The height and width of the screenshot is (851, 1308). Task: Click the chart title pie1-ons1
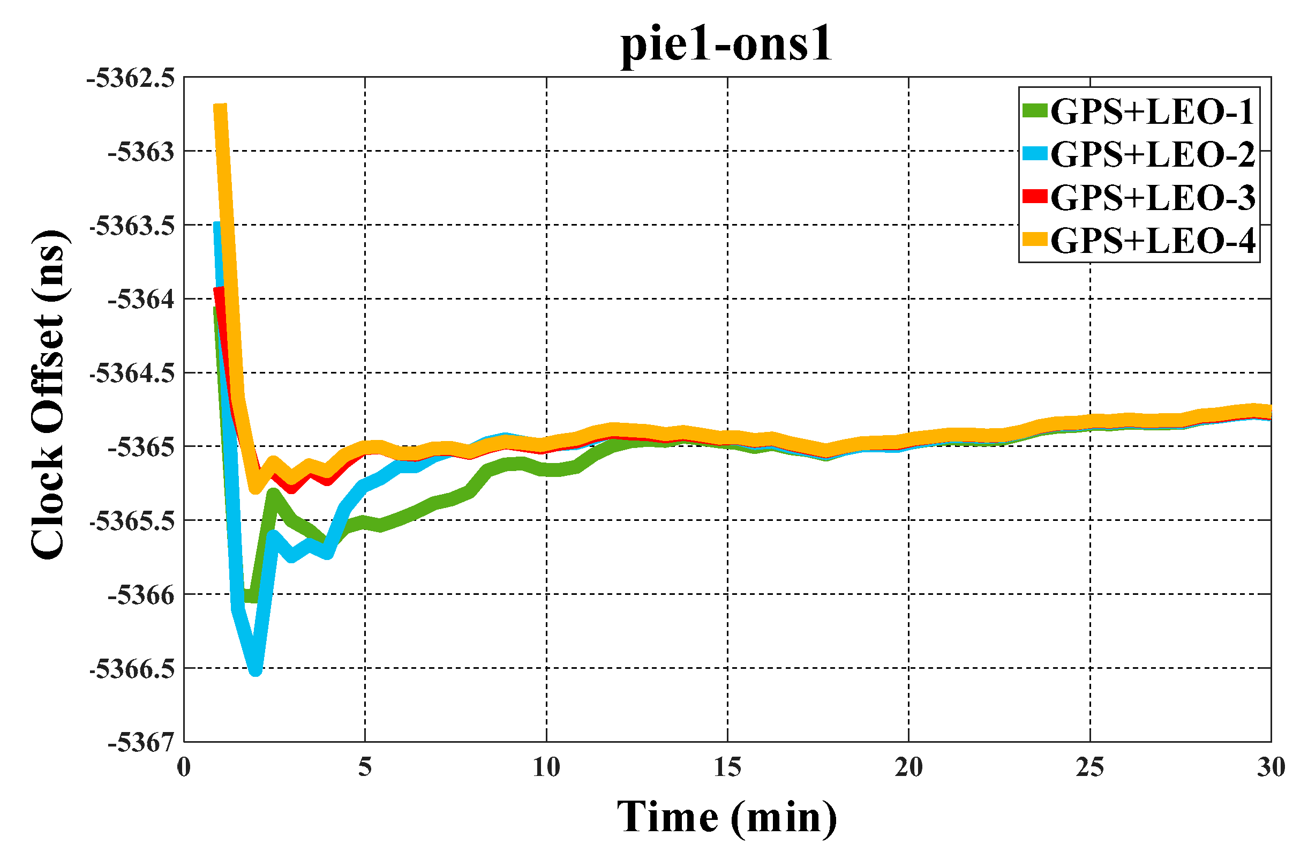pyautogui.click(x=726, y=45)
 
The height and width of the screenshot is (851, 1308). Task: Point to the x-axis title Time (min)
pyautogui.click(x=726, y=817)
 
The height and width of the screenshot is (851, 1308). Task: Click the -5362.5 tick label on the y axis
pyautogui.click(x=131, y=78)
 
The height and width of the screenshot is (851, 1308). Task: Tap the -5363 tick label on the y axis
pyautogui.click(x=141, y=152)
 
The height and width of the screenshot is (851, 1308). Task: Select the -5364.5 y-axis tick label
pyautogui.click(x=132, y=374)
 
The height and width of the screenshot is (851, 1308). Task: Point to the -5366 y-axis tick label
pyautogui.click(x=141, y=595)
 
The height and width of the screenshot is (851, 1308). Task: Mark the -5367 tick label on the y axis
pyautogui.click(x=141, y=743)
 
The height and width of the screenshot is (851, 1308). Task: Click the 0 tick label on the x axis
pyautogui.click(x=184, y=767)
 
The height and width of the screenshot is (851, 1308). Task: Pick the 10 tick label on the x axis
pyautogui.click(x=546, y=767)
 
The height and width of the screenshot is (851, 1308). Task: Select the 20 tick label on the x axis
pyautogui.click(x=908, y=767)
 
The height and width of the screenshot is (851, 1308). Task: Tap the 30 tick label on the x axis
pyautogui.click(x=1271, y=767)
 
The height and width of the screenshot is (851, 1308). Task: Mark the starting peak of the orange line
pyautogui.click(x=220, y=107)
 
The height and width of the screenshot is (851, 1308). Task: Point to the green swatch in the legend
pyautogui.click(x=1034, y=110)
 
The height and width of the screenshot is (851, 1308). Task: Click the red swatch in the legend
pyautogui.click(x=1034, y=196)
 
